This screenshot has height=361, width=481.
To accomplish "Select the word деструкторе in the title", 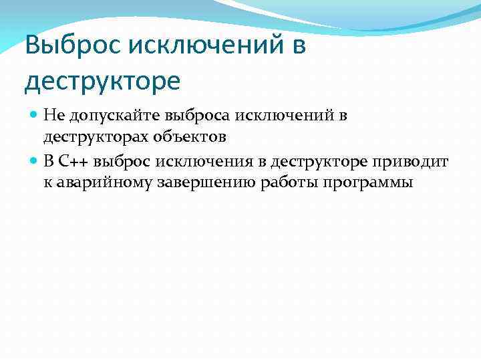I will pos(102,81).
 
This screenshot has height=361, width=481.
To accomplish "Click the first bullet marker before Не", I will pos(35,115).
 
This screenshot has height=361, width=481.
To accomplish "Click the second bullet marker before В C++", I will pos(35,161).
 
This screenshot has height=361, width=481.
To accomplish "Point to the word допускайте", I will pos(106,116).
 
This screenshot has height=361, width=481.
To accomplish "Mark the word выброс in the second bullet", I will pos(124,161).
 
